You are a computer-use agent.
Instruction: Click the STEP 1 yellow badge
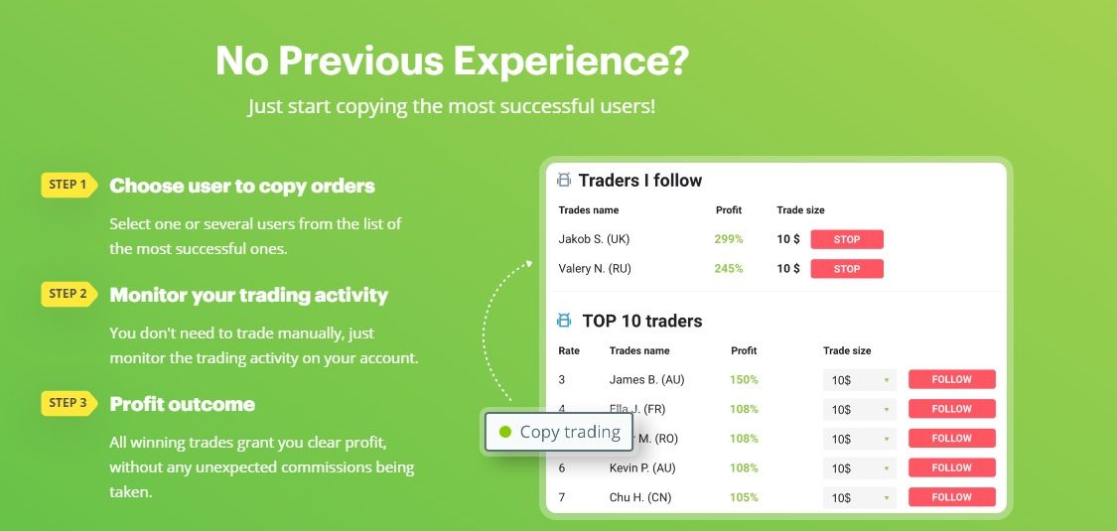[69, 185]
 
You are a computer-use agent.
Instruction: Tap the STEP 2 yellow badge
[69, 293]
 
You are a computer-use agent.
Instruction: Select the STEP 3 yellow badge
[69, 403]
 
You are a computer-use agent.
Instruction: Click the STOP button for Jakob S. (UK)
[847, 239]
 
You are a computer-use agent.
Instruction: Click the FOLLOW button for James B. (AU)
[952, 379]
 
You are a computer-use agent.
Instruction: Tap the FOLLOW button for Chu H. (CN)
[952, 497]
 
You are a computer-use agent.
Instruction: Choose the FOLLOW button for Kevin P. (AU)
[952, 467]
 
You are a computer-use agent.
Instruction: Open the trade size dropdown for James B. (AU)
[859, 380]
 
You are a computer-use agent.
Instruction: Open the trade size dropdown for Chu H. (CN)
[859, 498]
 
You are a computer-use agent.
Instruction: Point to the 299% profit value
[729, 239]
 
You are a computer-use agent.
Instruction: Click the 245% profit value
[729, 268]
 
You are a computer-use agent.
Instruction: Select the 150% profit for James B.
[744, 379]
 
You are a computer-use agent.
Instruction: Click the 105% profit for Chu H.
[744, 497]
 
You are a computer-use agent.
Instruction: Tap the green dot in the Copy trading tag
[505, 432]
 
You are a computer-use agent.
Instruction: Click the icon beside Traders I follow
[564, 180]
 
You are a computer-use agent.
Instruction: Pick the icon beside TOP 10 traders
[564, 321]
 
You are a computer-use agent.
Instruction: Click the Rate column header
[569, 350]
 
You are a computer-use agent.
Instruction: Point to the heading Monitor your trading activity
[248, 295]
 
